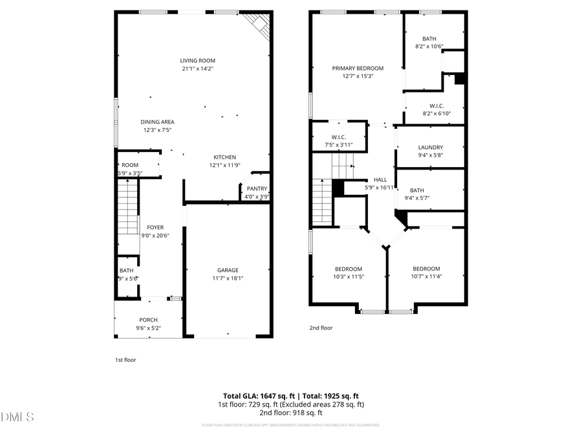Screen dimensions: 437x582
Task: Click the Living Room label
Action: pyautogui.click(x=197, y=61)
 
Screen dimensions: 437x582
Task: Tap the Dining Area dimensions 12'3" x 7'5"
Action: pyautogui.click(x=157, y=130)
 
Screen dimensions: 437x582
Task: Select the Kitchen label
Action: pyautogui.click(x=225, y=157)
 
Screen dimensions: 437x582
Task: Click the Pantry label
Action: pyautogui.click(x=257, y=188)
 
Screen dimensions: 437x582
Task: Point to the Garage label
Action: pyautogui.click(x=228, y=270)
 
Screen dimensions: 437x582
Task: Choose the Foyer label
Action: pyautogui.click(x=155, y=227)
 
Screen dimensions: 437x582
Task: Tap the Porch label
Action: pyautogui.click(x=148, y=320)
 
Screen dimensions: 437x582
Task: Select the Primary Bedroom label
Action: pyautogui.click(x=358, y=68)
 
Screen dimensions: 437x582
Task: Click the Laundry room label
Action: pyautogui.click(x=430, y=147)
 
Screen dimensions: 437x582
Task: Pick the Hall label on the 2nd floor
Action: pyautogui.click(x=380, y=179)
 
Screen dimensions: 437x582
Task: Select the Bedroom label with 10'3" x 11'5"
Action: pyautogui.click(x=348, y=269)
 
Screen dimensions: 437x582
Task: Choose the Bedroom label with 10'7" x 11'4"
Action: pyautogui.click(x=426, y=269)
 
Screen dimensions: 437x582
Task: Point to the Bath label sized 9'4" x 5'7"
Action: pyautogui.click(x=417, y=190)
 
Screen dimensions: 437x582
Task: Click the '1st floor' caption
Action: pyautogui.click(x=125, y=360)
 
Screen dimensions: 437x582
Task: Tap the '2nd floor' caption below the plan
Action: pyautogui.click(x=321, y=328)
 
